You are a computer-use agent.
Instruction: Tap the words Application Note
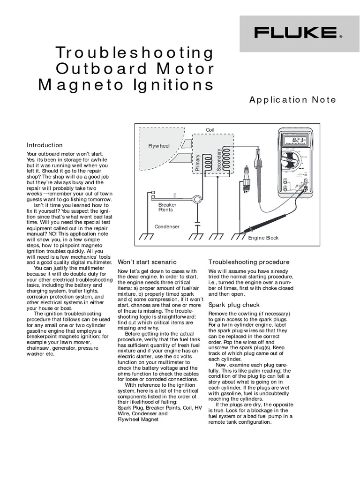click(x=292, y=99)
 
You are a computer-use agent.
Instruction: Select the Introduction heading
click(x=45, y=145)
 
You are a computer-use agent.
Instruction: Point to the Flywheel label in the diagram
click(x=159, y=146)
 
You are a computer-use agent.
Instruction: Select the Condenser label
click(x=167, y=227)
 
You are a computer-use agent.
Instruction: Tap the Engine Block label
click(x=263, y=238)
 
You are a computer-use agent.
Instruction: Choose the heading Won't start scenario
click(x=147, y=262)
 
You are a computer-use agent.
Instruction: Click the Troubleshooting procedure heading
click(x=249, y=262)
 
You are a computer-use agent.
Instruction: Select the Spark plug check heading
click(x=234, y=305)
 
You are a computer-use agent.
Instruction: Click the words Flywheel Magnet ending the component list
click(x=138, y=420)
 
